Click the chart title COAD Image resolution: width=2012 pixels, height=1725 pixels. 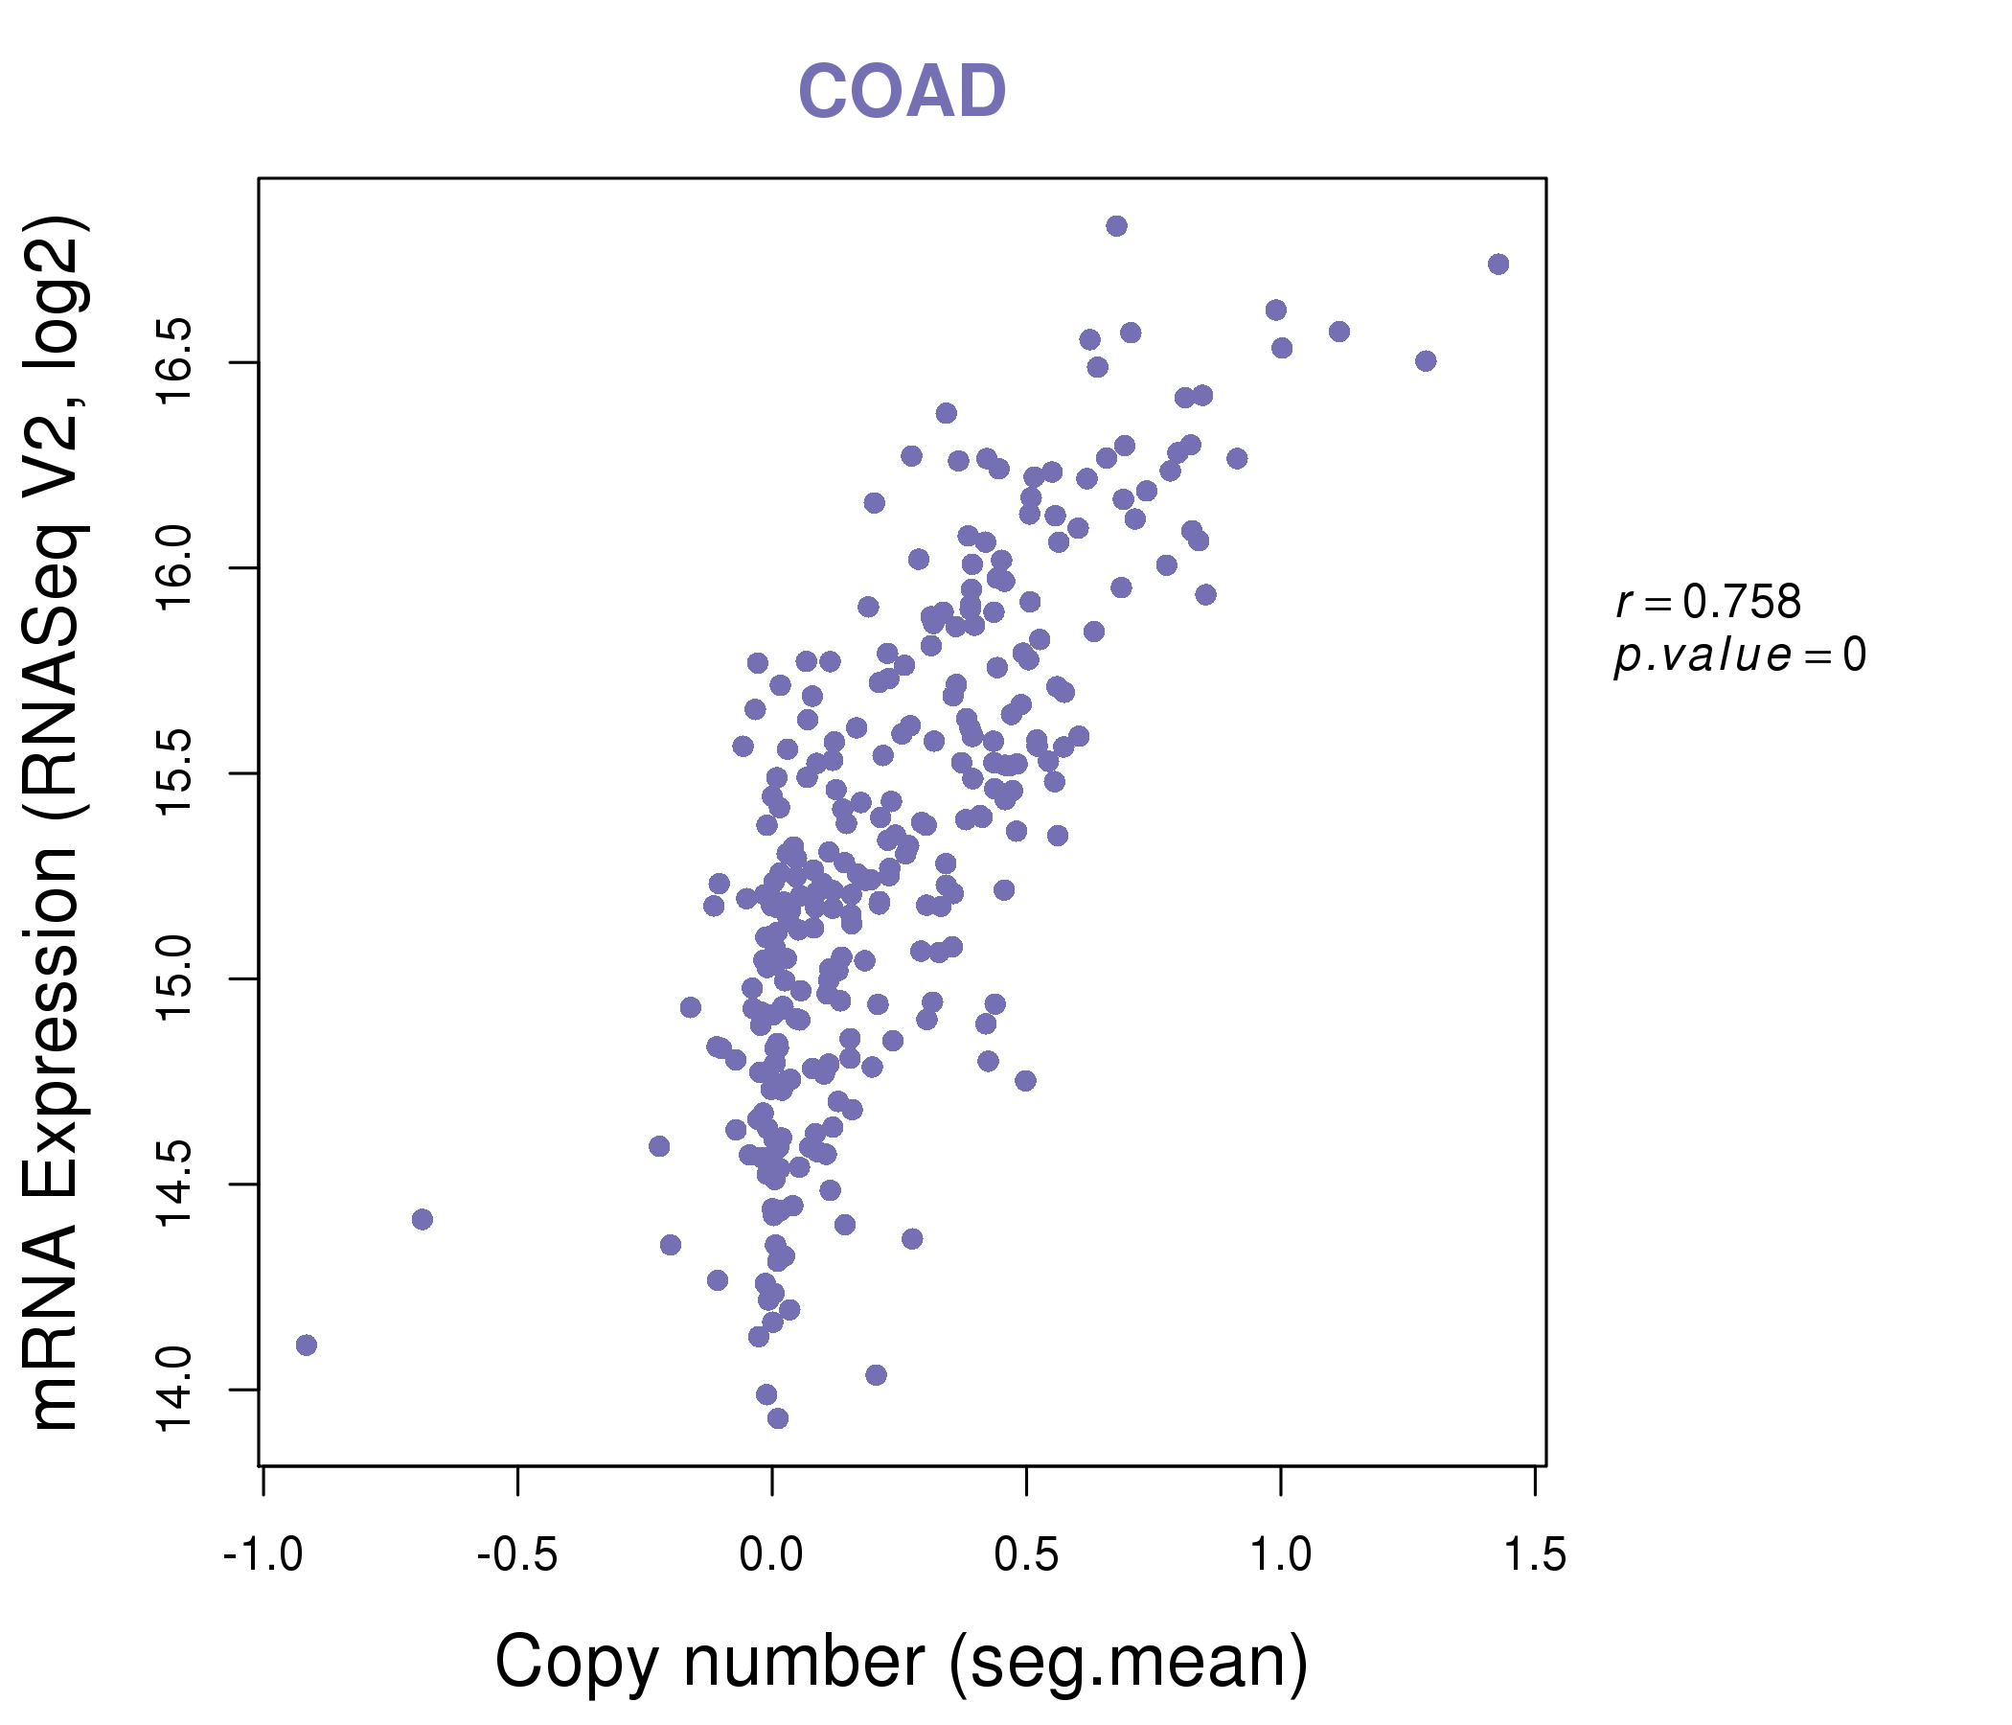pos(902,92)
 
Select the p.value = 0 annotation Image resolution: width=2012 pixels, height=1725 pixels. pos(1739,655)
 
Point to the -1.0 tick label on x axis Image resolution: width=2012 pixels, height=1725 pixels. pos(263,1555)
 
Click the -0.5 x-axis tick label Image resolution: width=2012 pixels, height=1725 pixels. pos(517,1555)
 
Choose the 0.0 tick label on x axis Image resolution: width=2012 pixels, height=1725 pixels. pos(771,1555)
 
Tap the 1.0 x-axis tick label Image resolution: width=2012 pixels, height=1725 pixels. pos(1281,1555)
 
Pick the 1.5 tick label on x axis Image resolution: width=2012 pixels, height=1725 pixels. pos(1534,1555)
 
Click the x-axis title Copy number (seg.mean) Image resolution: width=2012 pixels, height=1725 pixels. pos(902,1662)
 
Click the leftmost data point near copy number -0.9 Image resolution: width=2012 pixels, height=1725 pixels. pos(307,1345)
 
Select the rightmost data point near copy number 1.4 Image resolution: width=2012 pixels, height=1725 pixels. pos(1498,264)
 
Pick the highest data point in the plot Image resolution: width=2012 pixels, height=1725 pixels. pos(1117,226)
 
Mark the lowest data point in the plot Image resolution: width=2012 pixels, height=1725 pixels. pos(778,1419)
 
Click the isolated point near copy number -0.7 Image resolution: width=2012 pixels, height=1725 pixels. pos(423,1219)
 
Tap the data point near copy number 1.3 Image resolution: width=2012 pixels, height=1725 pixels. pos(1426,361)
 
